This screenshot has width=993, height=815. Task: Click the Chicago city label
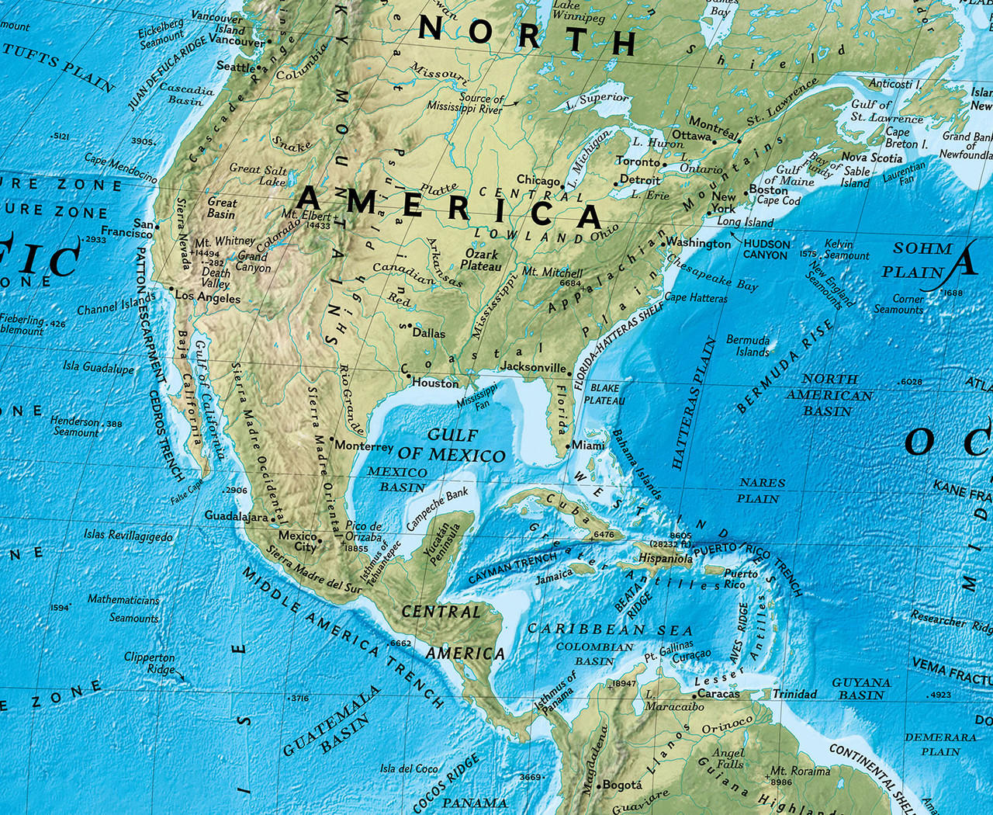[538, 180]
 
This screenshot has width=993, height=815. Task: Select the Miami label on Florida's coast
[589, 445]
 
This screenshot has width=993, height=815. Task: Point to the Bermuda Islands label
[748, 345]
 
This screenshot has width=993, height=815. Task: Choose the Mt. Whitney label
[225, 241]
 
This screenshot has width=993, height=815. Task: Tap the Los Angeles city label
[207, 297]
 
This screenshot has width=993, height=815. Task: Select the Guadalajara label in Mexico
[236, 515]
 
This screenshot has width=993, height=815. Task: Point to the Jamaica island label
[554, 577]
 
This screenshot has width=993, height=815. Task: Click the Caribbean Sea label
[610, 629]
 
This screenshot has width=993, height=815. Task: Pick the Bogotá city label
[621, 785]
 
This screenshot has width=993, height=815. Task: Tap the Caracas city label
[718, 693]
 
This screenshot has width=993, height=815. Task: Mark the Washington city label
[699, 243]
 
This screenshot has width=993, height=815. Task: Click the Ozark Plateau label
[481, 259]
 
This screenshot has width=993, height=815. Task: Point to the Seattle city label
[234, 67]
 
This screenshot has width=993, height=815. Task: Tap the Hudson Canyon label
[766, 249]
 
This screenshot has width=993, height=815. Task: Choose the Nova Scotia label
[872, 158]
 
